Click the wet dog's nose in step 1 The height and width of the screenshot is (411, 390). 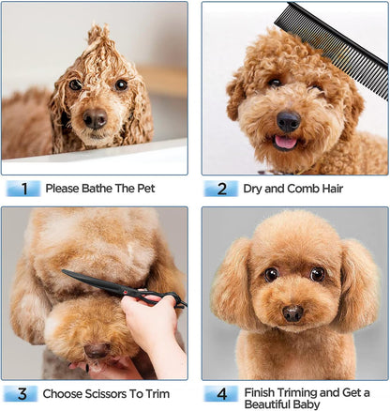click(96, 118)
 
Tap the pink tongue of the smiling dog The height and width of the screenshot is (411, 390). click(285, 142)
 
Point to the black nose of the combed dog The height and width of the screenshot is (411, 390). click(289, 121)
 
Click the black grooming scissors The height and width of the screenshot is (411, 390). click(125, 289)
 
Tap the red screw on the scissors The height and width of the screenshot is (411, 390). click(125, 292)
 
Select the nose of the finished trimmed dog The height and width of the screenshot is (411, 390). click(292, 313)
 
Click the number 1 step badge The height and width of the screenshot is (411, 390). click(23, 189)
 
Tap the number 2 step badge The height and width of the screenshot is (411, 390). click(221, 189)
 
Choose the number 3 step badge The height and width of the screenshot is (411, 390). click(22, 393)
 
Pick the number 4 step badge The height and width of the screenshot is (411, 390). click(221, 393)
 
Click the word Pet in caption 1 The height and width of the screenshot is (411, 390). click(146, 189)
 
